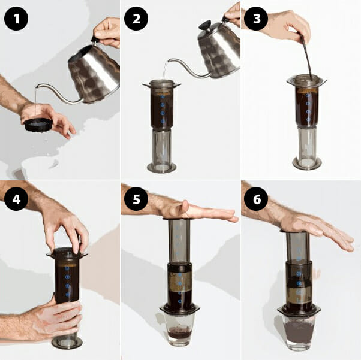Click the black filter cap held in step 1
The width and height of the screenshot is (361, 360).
tap(38, 125)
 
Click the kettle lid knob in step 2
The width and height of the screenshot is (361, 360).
tap(205, 25)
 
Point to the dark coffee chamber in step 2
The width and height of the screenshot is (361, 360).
tap(162, 108)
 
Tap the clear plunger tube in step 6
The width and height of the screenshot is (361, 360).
tap(298, 246)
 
